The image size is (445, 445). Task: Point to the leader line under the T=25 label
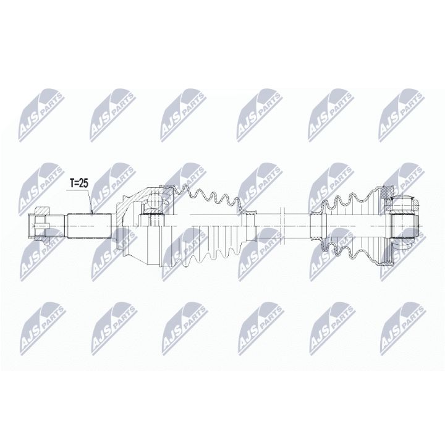click(91, 201)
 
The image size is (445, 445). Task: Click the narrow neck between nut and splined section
click(61, 223)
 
